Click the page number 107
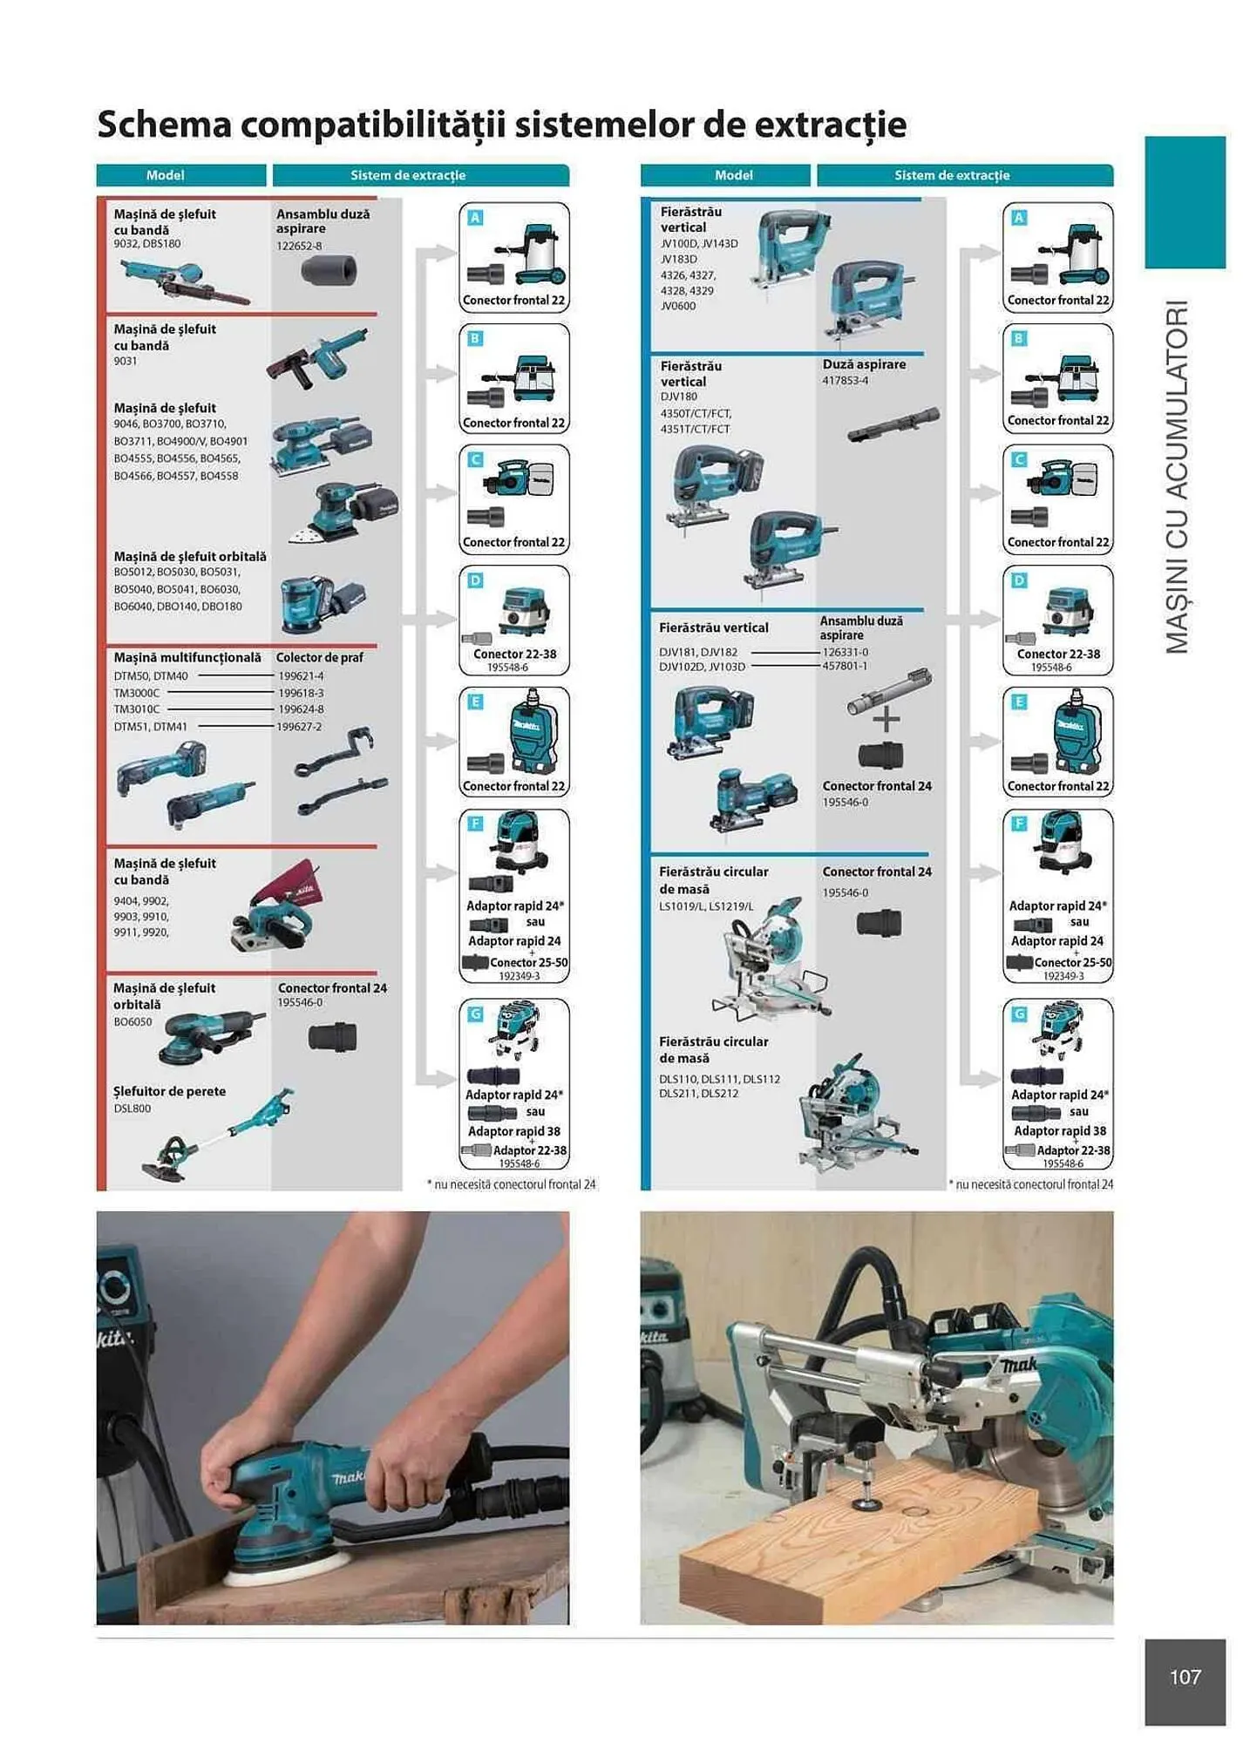coord(1185,1676)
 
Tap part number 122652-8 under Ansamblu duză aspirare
coord(299,247)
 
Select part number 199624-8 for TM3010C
coord(301,709)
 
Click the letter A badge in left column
coord(475,218)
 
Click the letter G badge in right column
coord(1019,1014)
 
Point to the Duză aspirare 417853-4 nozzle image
coord(893,424)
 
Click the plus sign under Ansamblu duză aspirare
coord(886,719)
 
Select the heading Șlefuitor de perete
coord(169,1091)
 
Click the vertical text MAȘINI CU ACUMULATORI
coord(1178,477)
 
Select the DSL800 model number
coord(132,1109)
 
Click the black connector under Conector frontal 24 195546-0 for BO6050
coord(332,1037)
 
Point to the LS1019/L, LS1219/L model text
coord(706,906)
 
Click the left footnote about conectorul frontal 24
coord(512,1184)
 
